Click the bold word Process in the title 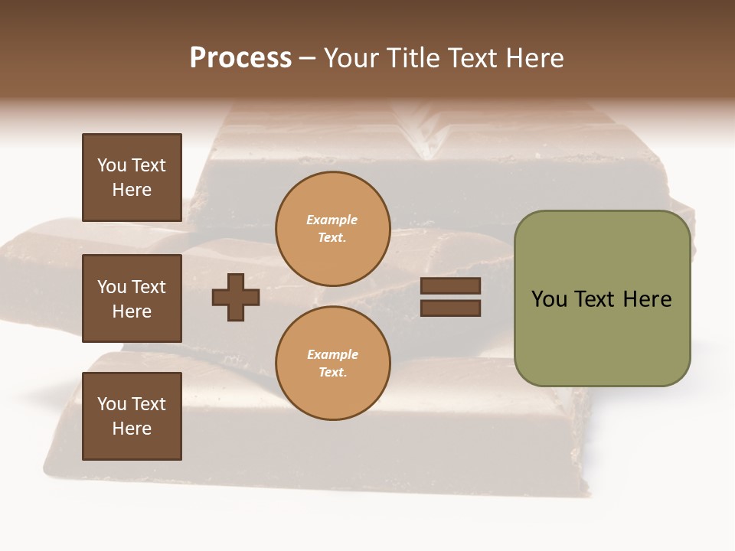click(240, 58)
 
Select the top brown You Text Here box click(132, 178)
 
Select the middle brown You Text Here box click(132, 298)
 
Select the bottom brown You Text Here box click(132, 416)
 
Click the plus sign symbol click(236, 297)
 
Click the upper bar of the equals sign click(450, 286)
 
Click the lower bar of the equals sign click(450, 308)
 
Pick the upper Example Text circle click(332, 228)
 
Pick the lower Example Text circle click(332, 363)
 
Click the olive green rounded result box click(602, 298)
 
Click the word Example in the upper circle click(332, 220)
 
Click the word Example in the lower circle click(332, 354)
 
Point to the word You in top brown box click(111, 165)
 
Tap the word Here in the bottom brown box click(132, 429)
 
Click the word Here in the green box click(647, 299)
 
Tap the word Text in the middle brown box click(149, 287)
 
